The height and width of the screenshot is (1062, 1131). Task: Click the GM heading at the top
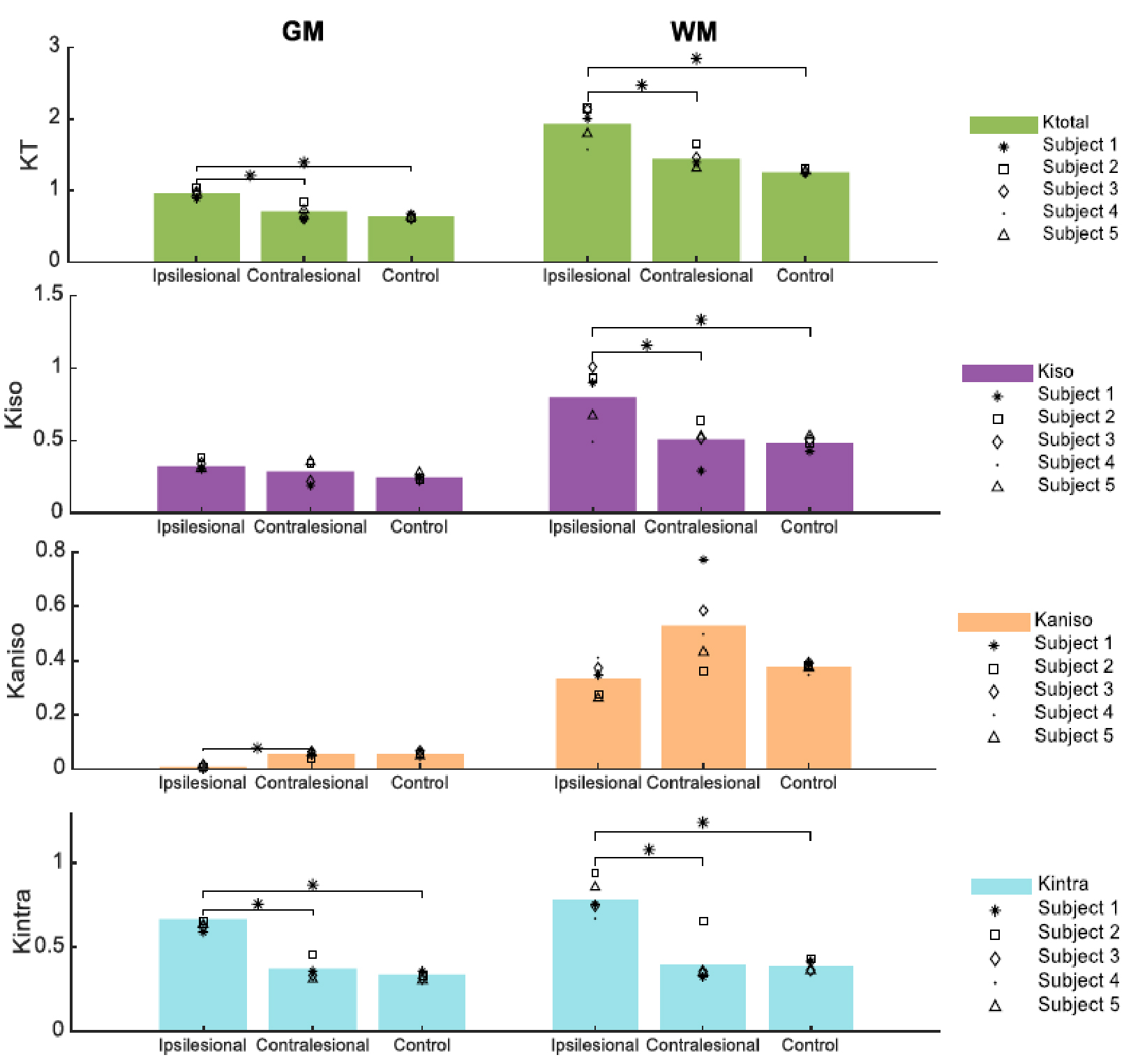303,31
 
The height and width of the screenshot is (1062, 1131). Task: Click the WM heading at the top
694,31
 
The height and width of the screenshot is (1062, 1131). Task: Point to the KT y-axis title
29,155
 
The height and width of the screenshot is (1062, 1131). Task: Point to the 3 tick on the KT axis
54,46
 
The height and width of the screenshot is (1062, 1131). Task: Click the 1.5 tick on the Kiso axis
49,294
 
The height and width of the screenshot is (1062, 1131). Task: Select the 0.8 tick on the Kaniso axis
50,550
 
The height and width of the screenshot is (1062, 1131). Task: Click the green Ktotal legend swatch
1003,124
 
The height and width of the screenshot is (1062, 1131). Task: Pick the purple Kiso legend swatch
997,373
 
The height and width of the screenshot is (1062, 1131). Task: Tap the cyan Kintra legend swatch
1001,886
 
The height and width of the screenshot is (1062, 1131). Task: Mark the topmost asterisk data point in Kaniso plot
703,559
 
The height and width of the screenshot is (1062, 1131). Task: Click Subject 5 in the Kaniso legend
1073,736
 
